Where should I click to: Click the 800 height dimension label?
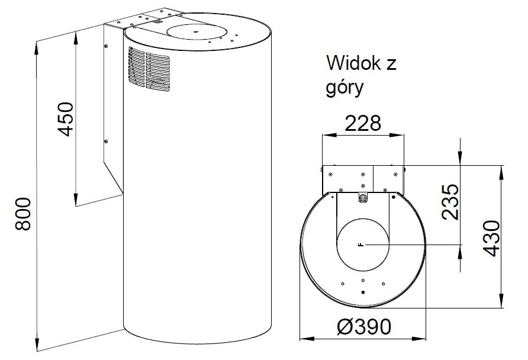click(24, 214)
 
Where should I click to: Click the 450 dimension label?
click(65, 119)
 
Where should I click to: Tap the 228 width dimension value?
click(363, 123)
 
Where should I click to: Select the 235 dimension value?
click(450, 202)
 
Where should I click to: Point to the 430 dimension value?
click(491, 239)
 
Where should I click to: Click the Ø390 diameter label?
click(365, 326)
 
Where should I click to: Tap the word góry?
click(345, 88)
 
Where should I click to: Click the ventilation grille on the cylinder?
click(149, 69)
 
